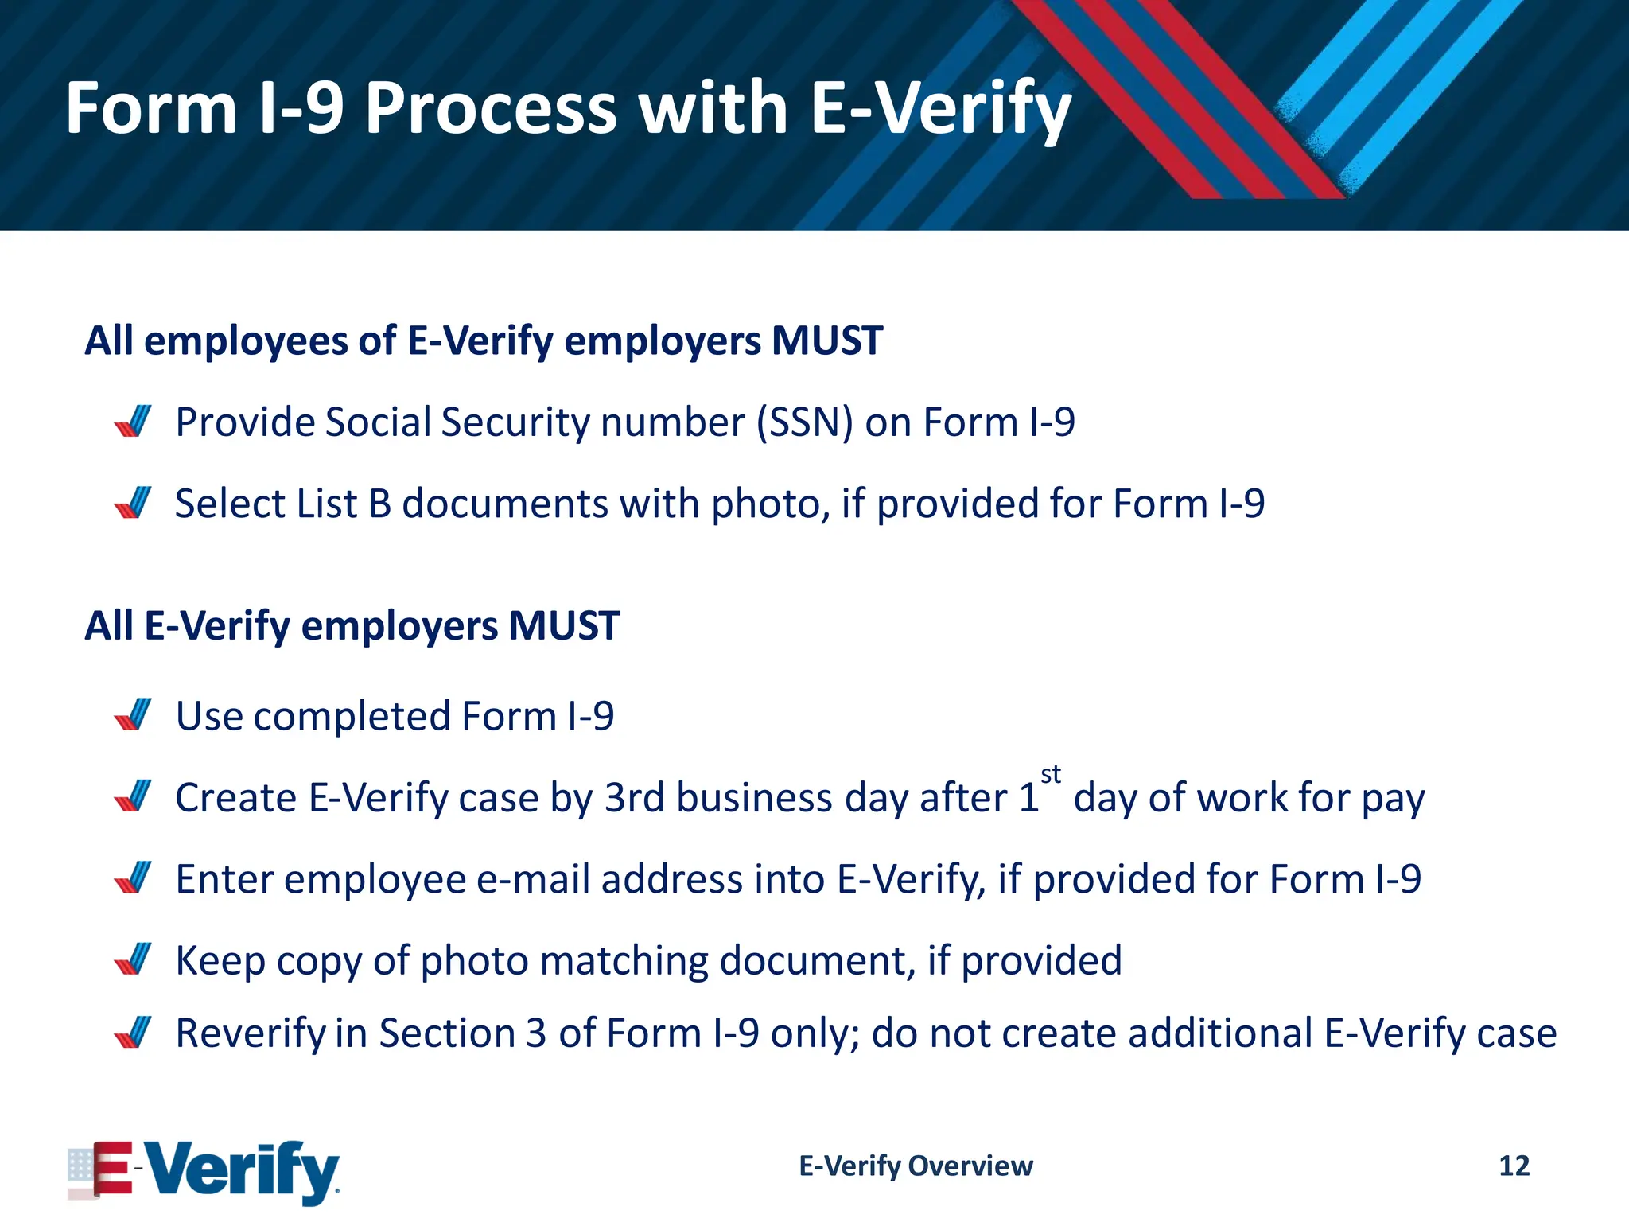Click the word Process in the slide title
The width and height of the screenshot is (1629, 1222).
point(491,108)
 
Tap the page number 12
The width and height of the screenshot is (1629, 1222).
point(1514,1166)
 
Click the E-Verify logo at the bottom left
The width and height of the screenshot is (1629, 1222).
point(204,1170)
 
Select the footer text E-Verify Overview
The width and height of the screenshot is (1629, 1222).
point(916,1166)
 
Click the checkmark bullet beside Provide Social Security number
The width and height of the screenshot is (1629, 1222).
point(133,422)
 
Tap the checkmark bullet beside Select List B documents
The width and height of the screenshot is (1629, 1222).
point(133,504)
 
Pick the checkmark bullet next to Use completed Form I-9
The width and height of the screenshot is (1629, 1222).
point(133,715)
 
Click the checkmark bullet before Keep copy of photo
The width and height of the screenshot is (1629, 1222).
point(133,959)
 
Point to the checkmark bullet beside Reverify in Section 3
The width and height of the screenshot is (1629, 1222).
point(133,1033)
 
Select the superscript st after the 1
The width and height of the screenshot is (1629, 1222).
point(1051,774)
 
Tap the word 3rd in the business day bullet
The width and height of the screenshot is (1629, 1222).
point(634,797)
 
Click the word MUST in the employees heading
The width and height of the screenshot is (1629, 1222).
point(826,341)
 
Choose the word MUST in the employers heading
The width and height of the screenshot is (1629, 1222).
point(564,625)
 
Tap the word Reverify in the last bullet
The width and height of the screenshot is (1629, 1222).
point(251,1033)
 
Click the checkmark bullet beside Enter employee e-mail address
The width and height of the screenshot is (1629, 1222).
point(133,878)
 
